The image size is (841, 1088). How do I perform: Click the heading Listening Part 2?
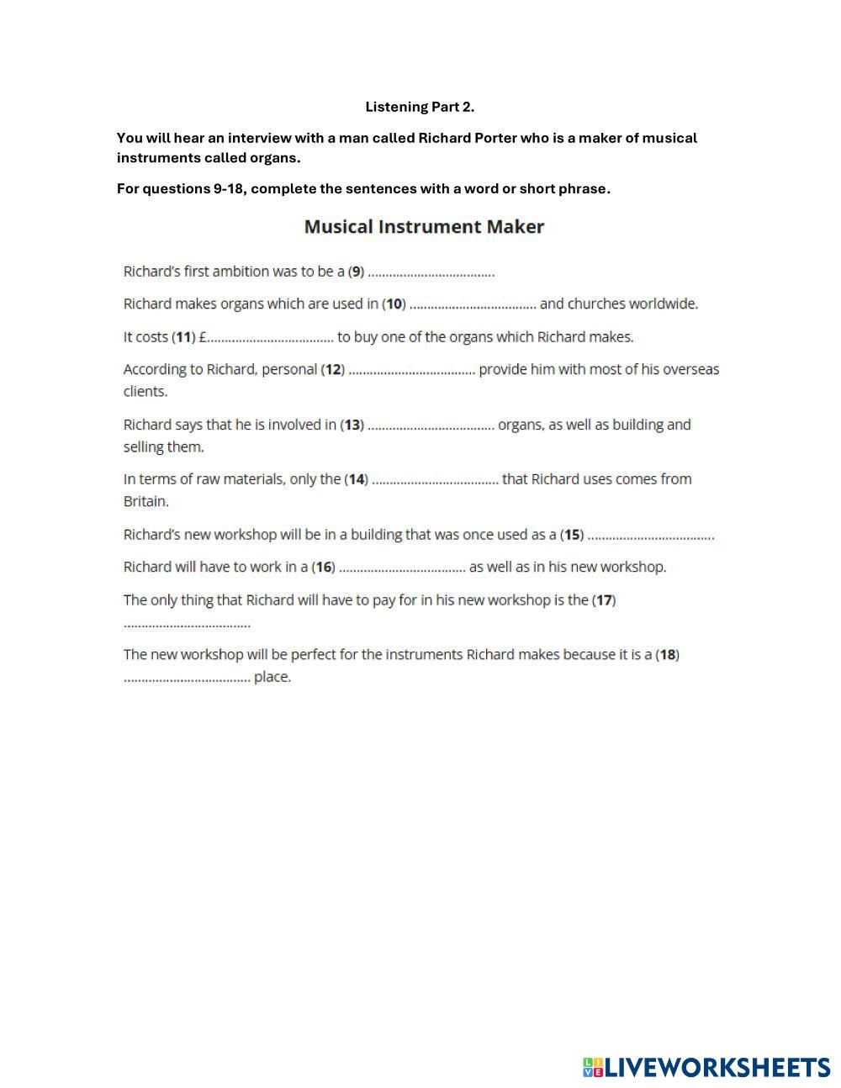click(420, 107)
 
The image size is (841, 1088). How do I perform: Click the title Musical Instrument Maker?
click(424, 227)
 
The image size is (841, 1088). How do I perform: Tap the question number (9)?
click(357, 272)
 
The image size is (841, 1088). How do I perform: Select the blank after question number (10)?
click(473, 304)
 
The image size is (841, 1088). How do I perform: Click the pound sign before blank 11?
click(203, 337)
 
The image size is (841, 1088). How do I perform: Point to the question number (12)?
click(333, 369)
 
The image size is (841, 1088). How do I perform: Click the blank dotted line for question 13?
click(431, 425)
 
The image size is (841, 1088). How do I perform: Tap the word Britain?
click(145, 501)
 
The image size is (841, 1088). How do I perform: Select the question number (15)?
click(572, 535)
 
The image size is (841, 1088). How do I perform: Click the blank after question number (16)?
click(402, 568)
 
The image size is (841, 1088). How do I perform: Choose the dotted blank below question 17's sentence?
click(187, 624)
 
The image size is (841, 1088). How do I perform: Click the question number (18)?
click(667, 654)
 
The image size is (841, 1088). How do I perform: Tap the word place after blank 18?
click(272, 677)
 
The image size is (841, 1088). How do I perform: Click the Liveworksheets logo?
click(706, 1067)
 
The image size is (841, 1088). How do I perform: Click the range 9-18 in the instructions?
click(229, 188)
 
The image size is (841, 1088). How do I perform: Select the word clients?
click(145, 391)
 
